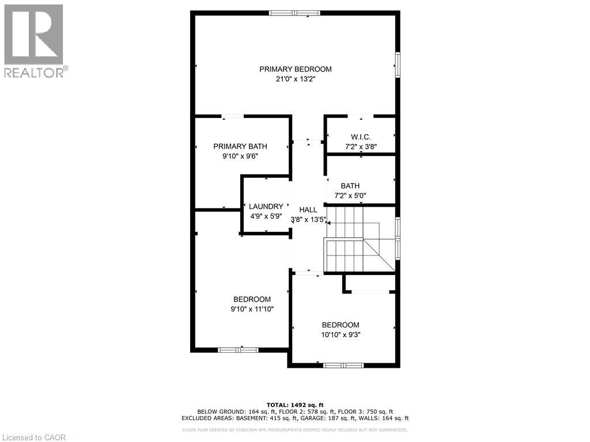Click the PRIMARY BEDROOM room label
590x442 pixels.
pos(295,69)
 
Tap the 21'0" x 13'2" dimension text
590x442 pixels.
pos(295,79)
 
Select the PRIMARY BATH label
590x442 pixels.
pos(240,146)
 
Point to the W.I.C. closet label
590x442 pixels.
pos(361,136)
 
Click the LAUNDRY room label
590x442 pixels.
pos(266,206)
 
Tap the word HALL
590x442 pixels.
pos(308,210)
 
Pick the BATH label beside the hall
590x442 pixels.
pos(350,186)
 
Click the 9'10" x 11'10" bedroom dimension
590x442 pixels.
pos(252,309)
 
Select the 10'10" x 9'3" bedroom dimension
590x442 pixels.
pos(341,334)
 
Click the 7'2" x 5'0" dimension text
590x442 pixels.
pos(350,196)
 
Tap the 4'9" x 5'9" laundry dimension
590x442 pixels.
pos(266,216)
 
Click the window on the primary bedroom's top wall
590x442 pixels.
pos(295,13)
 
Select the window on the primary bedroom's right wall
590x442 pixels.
pos(397,64)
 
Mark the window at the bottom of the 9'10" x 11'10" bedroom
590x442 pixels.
pos(238,349)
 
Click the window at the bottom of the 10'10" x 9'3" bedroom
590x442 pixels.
pos(343,365)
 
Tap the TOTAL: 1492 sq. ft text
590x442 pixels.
pos(295,404)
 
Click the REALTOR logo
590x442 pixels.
pos(35,40)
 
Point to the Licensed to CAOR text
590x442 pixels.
pos(34,437)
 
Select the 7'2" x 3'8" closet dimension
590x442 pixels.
pos(361,146)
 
